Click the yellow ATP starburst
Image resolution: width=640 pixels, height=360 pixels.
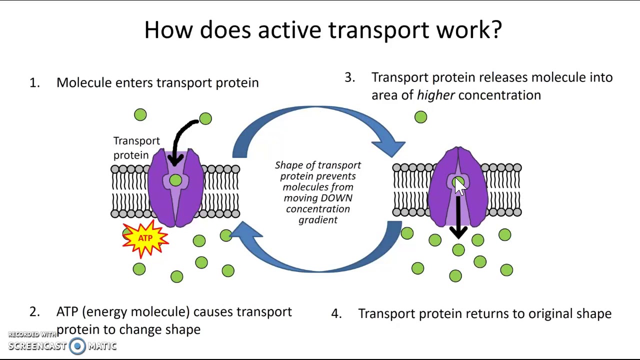pos(145,238)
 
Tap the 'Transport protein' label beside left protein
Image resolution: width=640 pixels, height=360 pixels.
pos(136,148)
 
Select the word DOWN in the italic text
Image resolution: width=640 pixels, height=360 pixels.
pos(336,198)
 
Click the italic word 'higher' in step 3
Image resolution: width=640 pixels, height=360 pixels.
pos(435,95)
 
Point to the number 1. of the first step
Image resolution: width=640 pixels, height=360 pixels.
pos(34,83)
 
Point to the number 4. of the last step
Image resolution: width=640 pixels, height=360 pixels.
pos(336,314)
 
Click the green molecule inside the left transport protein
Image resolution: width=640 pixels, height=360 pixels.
pos(175,181)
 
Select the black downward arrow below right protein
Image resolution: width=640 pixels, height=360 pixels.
pos(458,220)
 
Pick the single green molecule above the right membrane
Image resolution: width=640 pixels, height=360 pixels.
pos(420,117)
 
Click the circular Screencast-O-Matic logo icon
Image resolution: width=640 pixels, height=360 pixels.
pos(77,346)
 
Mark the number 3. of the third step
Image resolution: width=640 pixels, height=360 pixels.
pos(349,77)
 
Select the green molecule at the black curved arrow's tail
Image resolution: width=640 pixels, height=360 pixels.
pos(205,118)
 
